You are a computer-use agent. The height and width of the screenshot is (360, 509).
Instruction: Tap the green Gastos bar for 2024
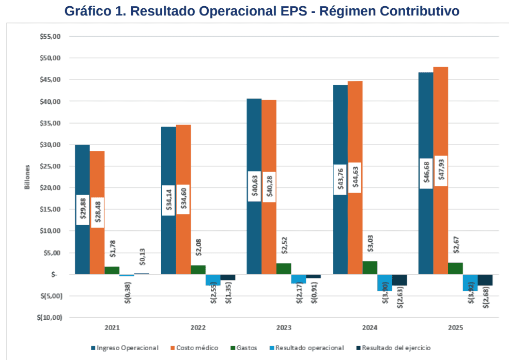point(369,268)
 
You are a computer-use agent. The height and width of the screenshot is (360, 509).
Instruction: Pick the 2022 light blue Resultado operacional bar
point(213,280)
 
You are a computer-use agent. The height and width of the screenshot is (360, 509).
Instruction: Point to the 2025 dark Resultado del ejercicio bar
point(485,280)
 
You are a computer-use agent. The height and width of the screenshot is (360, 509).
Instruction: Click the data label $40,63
point(254,186)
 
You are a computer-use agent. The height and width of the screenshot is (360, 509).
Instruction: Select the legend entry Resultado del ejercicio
point(395,348)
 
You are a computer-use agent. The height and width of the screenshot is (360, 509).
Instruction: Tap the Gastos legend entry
point(245,348)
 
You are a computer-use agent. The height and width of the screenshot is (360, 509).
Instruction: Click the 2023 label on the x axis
point(284,327)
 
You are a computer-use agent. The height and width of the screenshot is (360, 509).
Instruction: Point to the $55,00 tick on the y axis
point(51,37)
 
